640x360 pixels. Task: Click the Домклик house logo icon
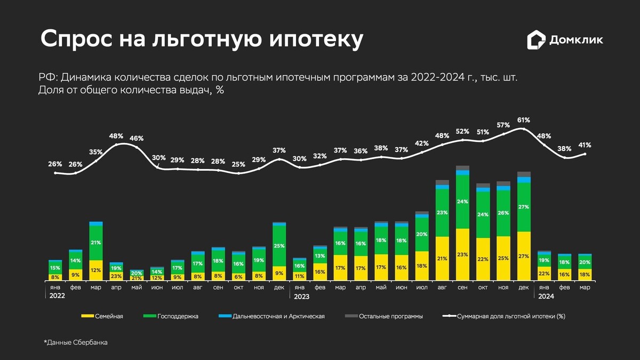point(537,40)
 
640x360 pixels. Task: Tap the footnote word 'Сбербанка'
point(91,342)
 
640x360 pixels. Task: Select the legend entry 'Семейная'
point(109,316)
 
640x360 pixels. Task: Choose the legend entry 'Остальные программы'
point(391,316)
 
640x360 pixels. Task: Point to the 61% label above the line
point(523,120)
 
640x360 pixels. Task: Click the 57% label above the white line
point(503,125)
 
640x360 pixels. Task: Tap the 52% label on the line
point(462,131)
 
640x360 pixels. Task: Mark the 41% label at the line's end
point(585,145)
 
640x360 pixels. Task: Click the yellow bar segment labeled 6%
point(238,276)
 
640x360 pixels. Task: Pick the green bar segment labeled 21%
point(96,243)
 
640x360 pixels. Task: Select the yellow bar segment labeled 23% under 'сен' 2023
point(462,254)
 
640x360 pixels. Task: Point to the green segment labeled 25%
point(279,246)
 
